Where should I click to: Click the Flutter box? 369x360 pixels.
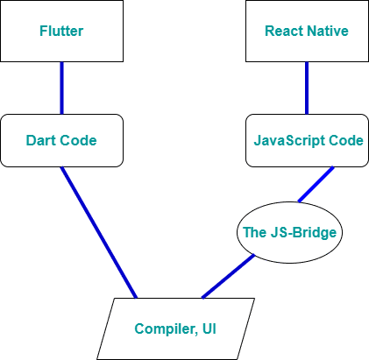tap(61, 31)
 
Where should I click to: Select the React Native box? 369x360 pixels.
tap(307, 31)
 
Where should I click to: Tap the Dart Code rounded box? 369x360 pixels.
tap(61, 140)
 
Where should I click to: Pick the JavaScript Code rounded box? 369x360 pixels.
tap(307, 140)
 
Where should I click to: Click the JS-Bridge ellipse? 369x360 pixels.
tap(289, 232)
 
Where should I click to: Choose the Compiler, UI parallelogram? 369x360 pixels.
tap(175, 328)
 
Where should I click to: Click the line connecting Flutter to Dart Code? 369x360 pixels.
tap(61, 88)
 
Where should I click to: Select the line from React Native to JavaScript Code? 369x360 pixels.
tap(307, 88)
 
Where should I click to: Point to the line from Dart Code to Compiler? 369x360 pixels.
tap(99, 232)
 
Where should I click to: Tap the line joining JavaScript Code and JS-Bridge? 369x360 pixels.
tap(316, 184)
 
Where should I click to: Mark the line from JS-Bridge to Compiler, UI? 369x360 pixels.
tap(229, 277)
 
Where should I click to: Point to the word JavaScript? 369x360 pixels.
tap(289, 141)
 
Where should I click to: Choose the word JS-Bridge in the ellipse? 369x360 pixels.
tap(303, 233)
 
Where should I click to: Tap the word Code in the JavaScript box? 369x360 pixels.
tap(346, 140)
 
